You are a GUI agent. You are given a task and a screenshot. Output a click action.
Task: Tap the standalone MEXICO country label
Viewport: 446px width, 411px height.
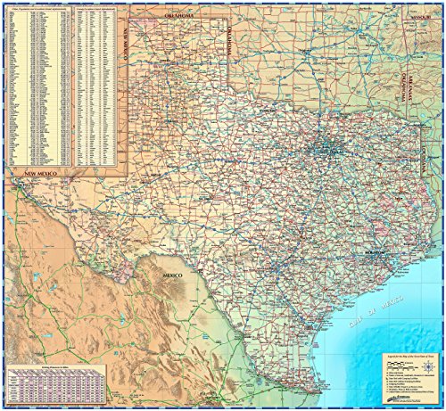coord(171,275)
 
